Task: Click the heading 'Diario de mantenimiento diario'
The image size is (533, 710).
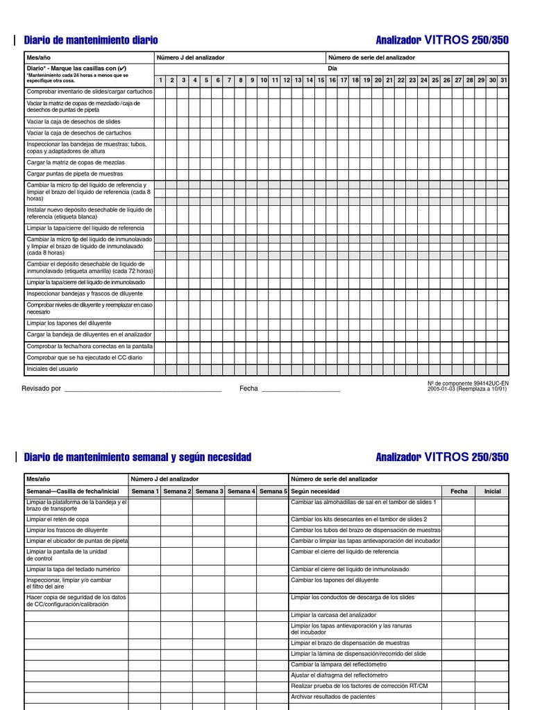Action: [x=91, y=40]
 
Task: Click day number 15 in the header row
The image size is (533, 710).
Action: [x=321, y=80]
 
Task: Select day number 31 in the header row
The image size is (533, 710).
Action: [x=503, y=80]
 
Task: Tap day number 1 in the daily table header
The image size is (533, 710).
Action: [x=160, y=80]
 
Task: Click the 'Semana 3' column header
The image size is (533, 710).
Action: [x=208, y=491]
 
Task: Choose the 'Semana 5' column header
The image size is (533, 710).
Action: [x=273, y=491]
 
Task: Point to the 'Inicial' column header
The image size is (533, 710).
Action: [x=492, y=491]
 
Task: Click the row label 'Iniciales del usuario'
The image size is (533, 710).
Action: [x=52, y=369]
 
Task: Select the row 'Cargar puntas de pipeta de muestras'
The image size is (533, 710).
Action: [x=74, y=174]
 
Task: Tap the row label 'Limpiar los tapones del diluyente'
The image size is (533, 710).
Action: [x=69, y=323]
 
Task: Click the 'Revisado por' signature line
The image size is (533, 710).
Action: [x=142, y=390]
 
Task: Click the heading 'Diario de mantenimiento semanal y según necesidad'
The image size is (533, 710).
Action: [x=137, y=458]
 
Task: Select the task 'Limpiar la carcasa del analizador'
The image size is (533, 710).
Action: [x=333, y=615]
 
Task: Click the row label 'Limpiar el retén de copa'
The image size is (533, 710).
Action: [x=58, y=519]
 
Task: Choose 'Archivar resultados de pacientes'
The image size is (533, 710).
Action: [x=332, y=696]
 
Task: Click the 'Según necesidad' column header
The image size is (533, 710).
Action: [x=315, y=491]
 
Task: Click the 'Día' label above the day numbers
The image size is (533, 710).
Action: [x=332, y=69]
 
